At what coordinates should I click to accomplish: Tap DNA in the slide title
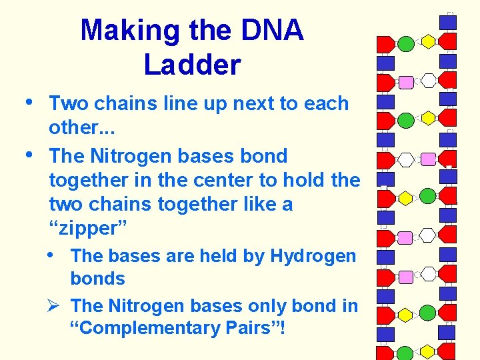269,31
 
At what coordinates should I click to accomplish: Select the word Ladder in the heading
192,65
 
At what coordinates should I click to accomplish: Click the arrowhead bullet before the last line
55,306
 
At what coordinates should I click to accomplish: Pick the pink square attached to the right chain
429,159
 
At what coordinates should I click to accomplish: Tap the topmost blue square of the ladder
448,22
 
